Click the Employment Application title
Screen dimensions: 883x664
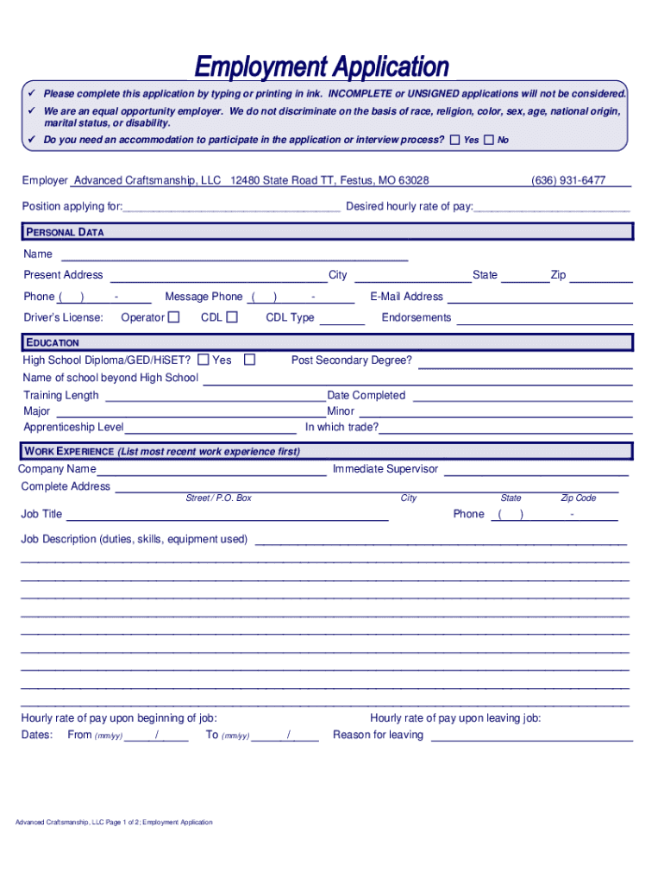[x=322, y=66]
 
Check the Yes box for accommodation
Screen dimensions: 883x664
[x=455, y=140]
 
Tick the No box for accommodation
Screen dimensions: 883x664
[x=489, y=140]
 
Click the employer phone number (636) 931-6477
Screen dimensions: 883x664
[x=568, y=180]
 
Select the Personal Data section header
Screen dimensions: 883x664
[x=65, y=232]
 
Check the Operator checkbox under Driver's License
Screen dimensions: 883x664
[x=174, y=317]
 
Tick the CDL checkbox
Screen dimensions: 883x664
[x=232, y=317]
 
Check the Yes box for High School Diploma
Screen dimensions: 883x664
[x=204, y=360]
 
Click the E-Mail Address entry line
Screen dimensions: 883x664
[x=540, y=299]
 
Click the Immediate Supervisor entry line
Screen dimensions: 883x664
[x=536, y=473]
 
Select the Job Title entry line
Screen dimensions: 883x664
[x=228, y=517]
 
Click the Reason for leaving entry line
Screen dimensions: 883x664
[x=531, y=738]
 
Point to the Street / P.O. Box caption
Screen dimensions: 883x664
[x=219, y=498]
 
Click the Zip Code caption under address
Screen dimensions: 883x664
[x=579, y=498]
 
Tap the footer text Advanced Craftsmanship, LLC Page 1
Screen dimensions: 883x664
[x=114, y=823]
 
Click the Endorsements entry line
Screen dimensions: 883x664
[x=544, y=321]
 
